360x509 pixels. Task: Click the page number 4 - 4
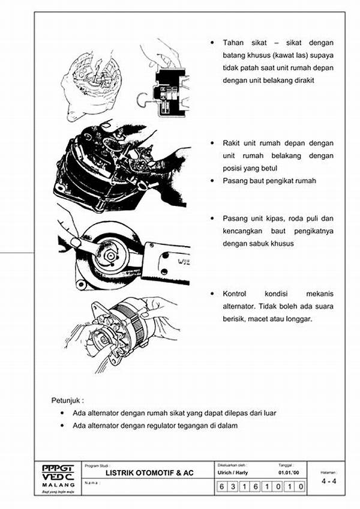(328, 481)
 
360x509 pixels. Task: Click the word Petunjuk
(65, 400)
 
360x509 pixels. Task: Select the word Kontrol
(235, 294)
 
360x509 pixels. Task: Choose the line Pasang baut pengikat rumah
(269, 181)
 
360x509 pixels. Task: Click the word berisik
(236, 319)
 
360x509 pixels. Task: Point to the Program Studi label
(95, 465)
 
